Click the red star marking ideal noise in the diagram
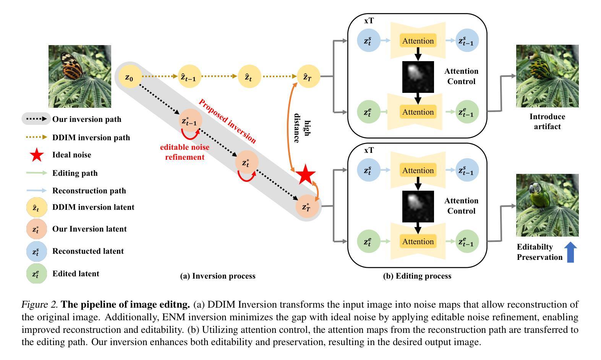[306, 175]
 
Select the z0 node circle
[129, 77]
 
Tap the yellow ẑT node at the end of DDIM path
[308, 76]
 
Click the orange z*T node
[307, 207]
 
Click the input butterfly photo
[80, 76]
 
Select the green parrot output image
[547, 205]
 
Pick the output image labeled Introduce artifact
[547, 76]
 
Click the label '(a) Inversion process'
[218, 276]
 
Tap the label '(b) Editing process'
[417, 276]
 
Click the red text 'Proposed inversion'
[227, 121]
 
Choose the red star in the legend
[37, 155]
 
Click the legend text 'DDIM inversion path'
[91, 138]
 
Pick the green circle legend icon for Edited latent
[36, 274]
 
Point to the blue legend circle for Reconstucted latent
[36, 251]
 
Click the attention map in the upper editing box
[418, 77]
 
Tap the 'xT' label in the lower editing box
[369, 151]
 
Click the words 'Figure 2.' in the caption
[39, 305]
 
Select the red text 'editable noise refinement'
[185, 152]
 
